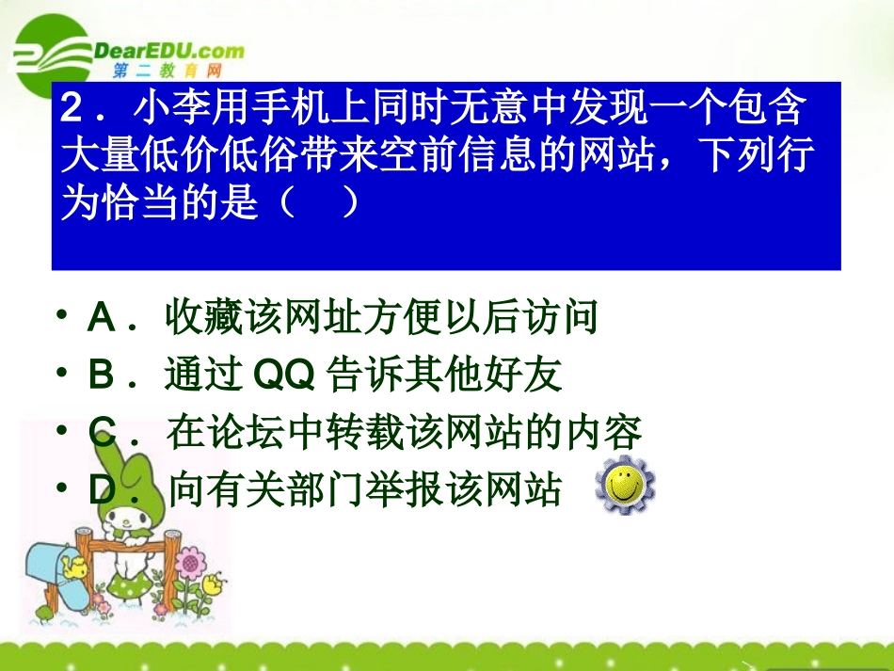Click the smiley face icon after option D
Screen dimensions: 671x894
[x=626, y=487]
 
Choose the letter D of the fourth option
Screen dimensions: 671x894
[x=101, y=489]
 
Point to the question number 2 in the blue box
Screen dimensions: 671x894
[x=74, y=111]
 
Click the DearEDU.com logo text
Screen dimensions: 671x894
[x=169, y=51]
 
